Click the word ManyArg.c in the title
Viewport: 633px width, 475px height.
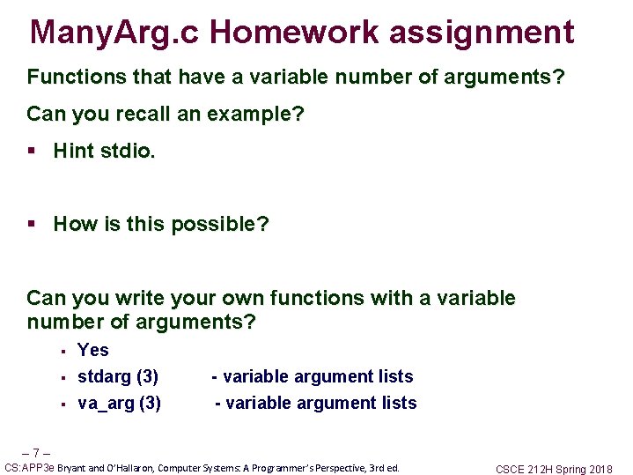tap(114, 33)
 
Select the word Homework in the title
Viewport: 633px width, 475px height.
tap(295, 32)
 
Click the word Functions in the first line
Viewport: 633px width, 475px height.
tap(77, 77)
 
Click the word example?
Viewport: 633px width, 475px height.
tap(255, 115)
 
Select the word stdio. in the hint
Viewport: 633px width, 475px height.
tap(128, 151)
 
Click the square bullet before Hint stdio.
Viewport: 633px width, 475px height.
tap(32, 151)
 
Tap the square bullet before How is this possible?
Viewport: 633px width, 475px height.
tap(32, 224)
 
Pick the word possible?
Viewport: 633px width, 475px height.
tap(220, 225)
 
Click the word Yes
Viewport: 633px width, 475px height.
tap(92, 350)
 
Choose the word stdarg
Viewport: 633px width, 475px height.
tap(104, 377)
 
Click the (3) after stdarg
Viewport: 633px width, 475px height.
tap(147, 377)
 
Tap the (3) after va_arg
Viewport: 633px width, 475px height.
tap(151, 404)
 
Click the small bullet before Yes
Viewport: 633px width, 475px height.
tap(63, 352)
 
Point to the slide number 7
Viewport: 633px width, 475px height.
tap(36, 452)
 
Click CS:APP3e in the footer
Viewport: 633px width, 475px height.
tap(29, 468)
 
